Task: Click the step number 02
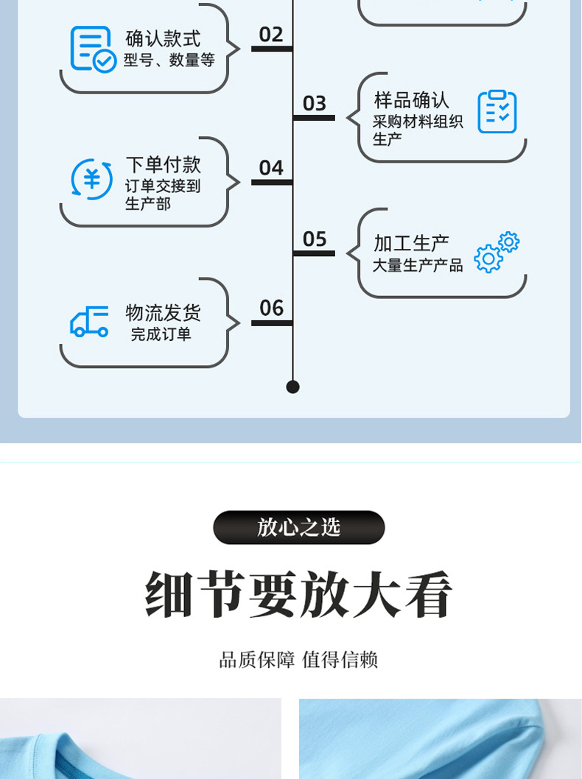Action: (271, 35)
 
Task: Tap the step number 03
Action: (315, 103)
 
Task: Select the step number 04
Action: (271, 168)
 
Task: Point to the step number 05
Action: (315, 239)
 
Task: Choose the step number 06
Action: (271, 308)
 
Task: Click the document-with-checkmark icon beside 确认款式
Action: (93, 49)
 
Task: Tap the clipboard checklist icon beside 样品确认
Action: (497, 112)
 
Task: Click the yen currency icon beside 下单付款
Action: (91, 180)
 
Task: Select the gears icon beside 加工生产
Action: (497, 252)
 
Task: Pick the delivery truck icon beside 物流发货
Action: (89, 322)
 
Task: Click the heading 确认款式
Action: (163, 38)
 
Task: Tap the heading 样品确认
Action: (411, 99)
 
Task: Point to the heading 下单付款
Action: (163, 164)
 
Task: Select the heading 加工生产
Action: (411, 243)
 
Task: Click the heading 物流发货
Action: (163, 312)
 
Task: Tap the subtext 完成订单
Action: (161, 334)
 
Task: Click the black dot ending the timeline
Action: (292, 387)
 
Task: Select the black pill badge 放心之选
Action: (298, 527)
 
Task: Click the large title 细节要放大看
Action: (298, 594)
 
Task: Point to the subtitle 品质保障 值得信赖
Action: (298, 659)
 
